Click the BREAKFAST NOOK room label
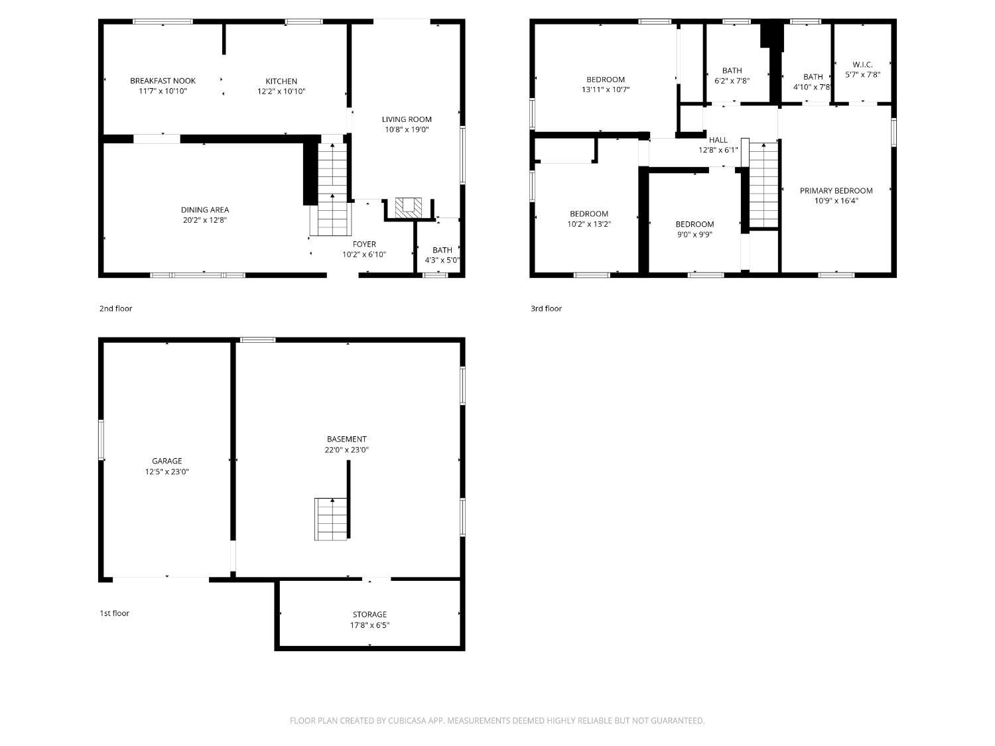pyautogui.click(x=163, y=81)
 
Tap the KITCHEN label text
pyautogui.click(x=281, y=82)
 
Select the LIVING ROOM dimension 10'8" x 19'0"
pyautogui.click(x=407, y=130)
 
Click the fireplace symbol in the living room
pyautogui.click(x=408, y=207)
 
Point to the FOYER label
pyautogui.click(x=364, y=244)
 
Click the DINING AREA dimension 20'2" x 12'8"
pyautogui.click(x=205, y=220)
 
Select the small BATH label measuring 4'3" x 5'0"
pyautogui.click(x=442, y=250)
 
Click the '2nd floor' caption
pyautogui.click(x=116, y=308)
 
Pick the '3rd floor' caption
pyautogui.click(x=546, y=308)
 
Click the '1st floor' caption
pyautogui.click(x=115, y=613)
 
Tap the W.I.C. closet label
pyautogui.click(x=862, y=64)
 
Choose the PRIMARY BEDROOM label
pyautogui.click(x=836, y=190)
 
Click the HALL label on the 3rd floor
pyautogui.click(x=718, y=140)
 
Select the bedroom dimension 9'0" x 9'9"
pyautogui.click(x=695, y=235)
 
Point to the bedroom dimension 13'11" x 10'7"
pyautogui.click(x=606, y=90)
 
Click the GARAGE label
pyautogui.click(x=166, y=461)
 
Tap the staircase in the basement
pyautogui.click(x=331, y=519)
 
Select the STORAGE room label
pyautogui.click(x=369, y=615)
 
